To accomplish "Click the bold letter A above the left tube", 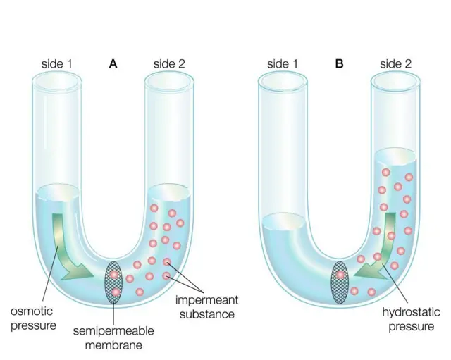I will tap(113, 63).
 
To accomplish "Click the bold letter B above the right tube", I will tap(339, 63).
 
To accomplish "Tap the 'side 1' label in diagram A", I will tap(56, 63).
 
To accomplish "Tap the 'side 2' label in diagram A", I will tap(169, 63).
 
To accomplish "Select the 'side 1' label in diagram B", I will tap(282, 63).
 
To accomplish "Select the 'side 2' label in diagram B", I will tap(395, 63).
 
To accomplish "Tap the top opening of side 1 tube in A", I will tap(56, 79).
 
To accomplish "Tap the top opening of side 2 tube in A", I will tap(169, 79).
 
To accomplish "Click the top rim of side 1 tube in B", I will tap(282, 80).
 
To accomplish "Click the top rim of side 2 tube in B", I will tap(395, 80).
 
